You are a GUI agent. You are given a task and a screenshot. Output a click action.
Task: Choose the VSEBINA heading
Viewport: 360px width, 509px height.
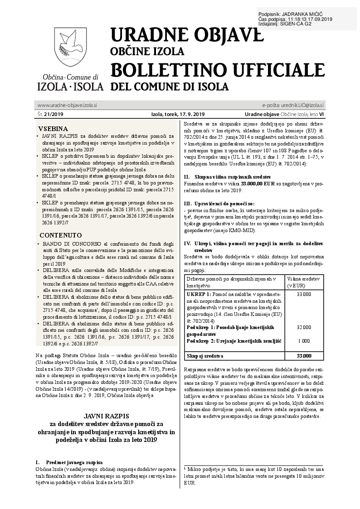point(53,128)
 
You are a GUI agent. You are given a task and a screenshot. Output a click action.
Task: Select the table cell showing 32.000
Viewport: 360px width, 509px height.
point(303,327)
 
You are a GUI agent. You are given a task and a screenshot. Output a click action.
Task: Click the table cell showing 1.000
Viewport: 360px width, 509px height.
point(303,340)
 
